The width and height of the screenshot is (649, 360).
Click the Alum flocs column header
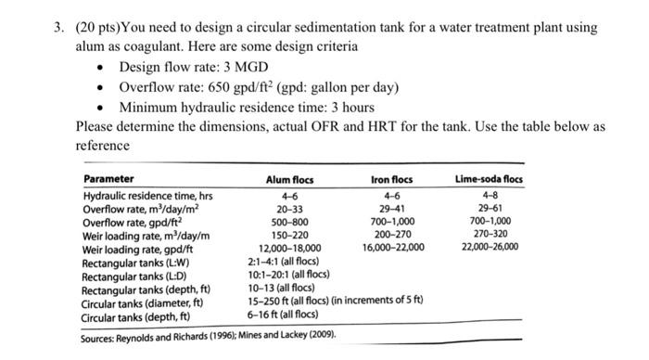[289, 180]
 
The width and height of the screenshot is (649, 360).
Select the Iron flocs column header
[391, 180]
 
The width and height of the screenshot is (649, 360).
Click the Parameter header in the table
[108, 179]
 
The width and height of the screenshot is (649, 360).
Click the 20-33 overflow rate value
[289, 210]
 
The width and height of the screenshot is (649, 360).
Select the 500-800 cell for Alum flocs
[289, 223]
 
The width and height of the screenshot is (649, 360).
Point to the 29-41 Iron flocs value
[391, 210]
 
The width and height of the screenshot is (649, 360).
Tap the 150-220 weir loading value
[289, 236]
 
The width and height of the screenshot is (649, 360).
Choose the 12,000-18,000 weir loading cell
[289, 249]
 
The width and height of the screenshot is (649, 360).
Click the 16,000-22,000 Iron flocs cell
[392, 249]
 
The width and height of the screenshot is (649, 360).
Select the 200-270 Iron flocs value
[391, 236]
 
